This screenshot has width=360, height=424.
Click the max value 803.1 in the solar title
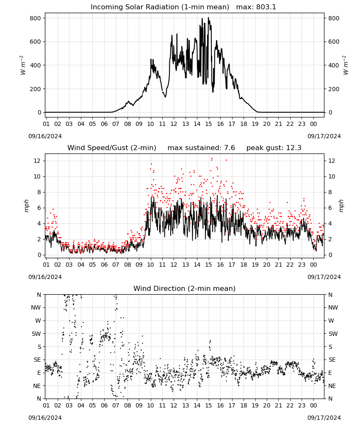click(x=266, y=7)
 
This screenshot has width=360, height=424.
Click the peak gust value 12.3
click(x=293, y=148)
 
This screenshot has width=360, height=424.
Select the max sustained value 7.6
click(x=230, y=148)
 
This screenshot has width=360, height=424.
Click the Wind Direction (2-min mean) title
click(x=185, y=288)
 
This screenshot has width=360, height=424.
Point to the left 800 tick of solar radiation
click(x=36, y=18)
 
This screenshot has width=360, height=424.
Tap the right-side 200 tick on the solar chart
click(x=334, y=89)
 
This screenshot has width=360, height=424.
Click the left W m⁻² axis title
click(x=22, y=65)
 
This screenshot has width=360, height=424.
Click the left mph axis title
click(x=26, y=206)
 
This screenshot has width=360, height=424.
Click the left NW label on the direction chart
click(x=36, y=307)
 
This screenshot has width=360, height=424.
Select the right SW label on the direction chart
click(x=333, y=334)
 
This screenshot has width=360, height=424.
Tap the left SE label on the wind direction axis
click(x=37, y=360)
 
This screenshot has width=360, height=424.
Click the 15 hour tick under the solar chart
click(x=208, y=124)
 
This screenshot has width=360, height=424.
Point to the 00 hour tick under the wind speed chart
click(x=313, y=265)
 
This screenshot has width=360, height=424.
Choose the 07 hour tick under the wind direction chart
click(x=116, y=405)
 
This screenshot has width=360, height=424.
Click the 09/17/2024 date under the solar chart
click(x=324, y=136)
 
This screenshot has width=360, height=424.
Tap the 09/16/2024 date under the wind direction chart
click(x=45, y=418)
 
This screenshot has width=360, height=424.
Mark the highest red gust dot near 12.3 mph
click(x=212, y=159)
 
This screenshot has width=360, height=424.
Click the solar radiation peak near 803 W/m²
click(x=208, y=18)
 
